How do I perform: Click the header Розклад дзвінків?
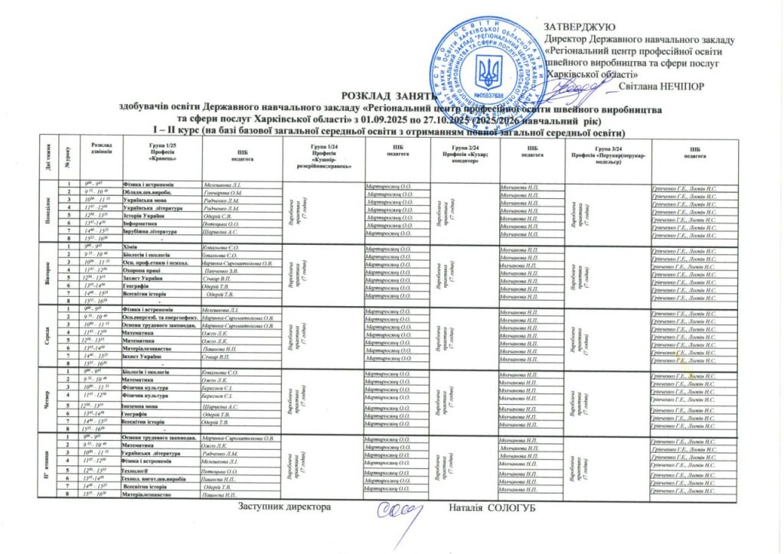tap(101, 149)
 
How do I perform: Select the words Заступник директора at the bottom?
tap(284, 508)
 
